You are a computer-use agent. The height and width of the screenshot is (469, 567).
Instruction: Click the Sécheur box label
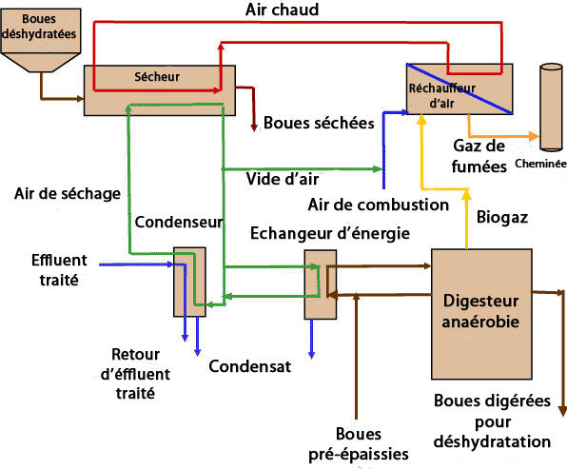coord(157,77)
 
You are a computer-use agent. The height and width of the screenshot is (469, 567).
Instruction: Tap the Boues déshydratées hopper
coord(41,40)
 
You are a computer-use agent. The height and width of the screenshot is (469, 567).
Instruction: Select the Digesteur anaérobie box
coord(481,314)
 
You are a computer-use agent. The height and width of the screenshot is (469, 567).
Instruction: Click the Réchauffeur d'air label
coord(441,96)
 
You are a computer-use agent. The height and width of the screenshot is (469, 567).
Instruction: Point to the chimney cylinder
coord(551,107)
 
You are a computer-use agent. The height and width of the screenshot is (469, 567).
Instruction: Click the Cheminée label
coord(540,164)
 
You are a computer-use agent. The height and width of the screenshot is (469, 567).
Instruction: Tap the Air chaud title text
coord(282,10)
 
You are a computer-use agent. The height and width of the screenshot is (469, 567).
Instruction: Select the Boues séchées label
coord(319,123)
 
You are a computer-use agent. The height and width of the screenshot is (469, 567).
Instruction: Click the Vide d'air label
coord(283,179)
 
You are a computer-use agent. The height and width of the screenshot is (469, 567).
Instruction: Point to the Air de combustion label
coord(379,205)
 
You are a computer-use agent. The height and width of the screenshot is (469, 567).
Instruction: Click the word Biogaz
coord(502,218)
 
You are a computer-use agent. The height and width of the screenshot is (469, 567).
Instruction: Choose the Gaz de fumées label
coord(479,156)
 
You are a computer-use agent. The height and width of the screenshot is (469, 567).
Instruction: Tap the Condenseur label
coord(179,222)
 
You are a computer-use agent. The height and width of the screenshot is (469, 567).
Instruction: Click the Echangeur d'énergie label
coord(330,233)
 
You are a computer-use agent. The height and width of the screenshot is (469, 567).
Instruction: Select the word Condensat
coord(250,366)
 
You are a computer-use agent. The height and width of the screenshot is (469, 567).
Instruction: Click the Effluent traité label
coord(59,270)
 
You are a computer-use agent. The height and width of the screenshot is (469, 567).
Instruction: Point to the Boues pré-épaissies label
coord(359,444)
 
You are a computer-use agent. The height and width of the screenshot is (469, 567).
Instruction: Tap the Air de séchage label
coord(68,194)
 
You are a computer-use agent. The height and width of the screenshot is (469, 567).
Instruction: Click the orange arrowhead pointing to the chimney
coord(534,136)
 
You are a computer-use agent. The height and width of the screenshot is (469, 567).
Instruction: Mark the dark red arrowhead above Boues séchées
coord(254,127)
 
